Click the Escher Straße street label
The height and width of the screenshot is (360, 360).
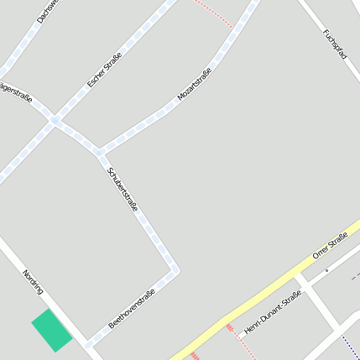click(x=105, y=70)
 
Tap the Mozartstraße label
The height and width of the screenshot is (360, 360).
click(x=194, y=85)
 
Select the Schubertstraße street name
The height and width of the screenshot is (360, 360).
click(x=123, y=189)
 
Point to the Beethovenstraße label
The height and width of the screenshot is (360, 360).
click(x=132, y=308)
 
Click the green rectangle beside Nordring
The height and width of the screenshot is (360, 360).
click(x=52, y=331)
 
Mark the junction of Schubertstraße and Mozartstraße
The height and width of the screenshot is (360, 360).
click(x=100, y=153)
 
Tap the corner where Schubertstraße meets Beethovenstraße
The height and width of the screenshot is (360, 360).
click(x=175, y=270)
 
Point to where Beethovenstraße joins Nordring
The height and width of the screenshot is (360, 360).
click(x=86, y=343)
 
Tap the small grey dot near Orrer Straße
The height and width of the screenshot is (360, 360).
click(x=326, y=270)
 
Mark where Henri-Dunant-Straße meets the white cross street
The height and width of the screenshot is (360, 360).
click(x=305, y=291)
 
